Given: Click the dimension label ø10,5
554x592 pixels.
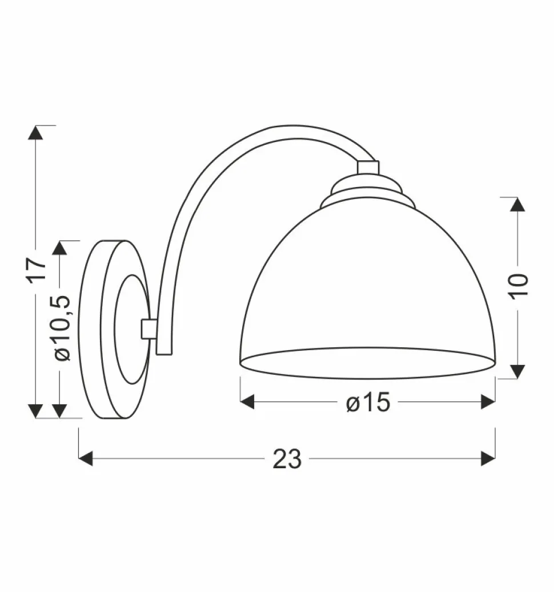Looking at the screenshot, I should pyautogui.click(x=61, y=329).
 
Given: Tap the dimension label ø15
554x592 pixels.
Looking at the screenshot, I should pyautogui.click(x=368, y=403).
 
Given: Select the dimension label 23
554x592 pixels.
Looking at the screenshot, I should pyautogui.click(x=287, y=459).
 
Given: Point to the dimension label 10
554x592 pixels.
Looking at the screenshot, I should pyautogui.click(x=518, y=285).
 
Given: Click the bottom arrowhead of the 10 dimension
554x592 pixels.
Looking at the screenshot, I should pyautogui.click(x=517, y=371).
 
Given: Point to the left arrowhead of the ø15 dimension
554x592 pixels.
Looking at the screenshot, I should pyautogui.click(x=247, y=402).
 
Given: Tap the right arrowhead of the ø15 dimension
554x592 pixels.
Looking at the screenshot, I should pyautogui.click(x=488, y=402).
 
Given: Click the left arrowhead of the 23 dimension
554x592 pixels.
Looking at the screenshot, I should pyautogui.click(x=85, y=458).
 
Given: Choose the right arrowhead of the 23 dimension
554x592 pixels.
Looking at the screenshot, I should pyautogui.click(x=488, y=458).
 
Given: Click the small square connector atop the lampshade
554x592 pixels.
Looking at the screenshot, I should pyautogui.click(x=367, y=167).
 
